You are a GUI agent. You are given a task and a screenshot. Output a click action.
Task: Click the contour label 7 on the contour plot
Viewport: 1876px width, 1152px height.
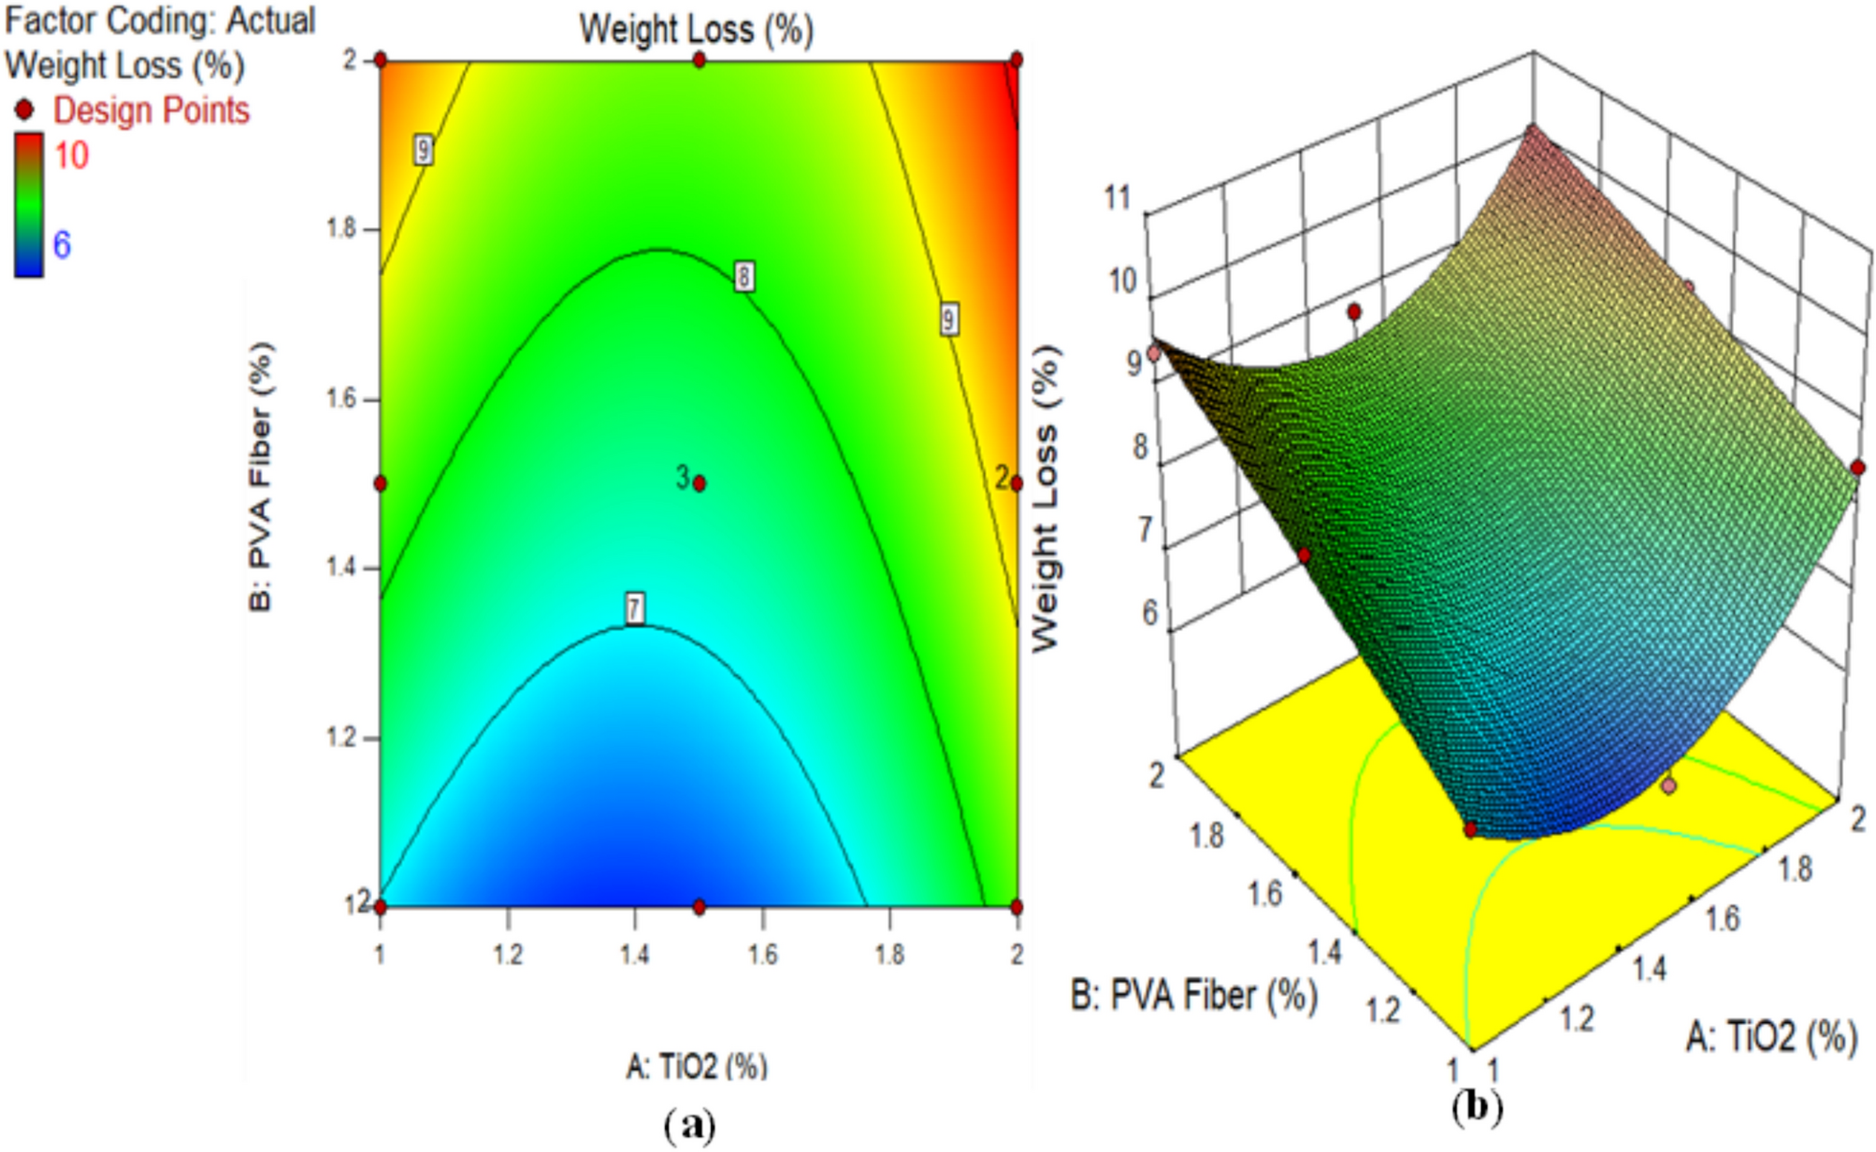point(635,609)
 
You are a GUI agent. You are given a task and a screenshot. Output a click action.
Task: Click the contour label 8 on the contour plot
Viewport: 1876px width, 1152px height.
point(743,276)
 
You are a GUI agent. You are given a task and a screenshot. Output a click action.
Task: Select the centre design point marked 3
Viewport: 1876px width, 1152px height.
point(700,483)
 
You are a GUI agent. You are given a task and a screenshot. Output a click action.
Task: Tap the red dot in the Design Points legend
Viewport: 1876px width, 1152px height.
point(24,110)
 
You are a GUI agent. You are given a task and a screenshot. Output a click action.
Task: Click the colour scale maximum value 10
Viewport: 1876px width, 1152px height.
point(71,155)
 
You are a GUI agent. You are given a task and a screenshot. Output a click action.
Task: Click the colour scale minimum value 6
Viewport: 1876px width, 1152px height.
point(62,245)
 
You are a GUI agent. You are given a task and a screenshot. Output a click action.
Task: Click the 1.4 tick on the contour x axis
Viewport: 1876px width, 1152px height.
point(635,954)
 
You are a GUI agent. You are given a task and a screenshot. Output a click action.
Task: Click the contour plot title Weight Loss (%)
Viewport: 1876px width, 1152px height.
point(696,30)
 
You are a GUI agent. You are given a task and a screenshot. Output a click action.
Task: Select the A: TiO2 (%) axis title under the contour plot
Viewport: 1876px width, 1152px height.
point(696,1066)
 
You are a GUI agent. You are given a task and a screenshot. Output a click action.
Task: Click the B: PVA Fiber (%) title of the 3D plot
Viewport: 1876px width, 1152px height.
point(1194,996)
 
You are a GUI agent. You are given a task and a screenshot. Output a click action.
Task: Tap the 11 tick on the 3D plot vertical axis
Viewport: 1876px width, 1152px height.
point(1118,197)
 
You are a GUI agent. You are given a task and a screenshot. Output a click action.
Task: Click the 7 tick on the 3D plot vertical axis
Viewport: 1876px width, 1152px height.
point(1145,530)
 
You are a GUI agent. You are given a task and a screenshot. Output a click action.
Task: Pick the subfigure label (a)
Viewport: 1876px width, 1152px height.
point(690,1124)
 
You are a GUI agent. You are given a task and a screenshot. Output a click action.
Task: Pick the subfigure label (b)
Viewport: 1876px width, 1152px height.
point(1477,1107)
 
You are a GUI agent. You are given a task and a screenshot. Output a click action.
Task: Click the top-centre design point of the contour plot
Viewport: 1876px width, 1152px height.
point(700,60)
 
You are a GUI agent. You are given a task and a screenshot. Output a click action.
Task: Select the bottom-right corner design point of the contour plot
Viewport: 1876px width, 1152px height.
point(1017,906)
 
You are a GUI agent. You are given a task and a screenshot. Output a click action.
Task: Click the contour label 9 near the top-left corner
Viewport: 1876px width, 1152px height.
point(424,150)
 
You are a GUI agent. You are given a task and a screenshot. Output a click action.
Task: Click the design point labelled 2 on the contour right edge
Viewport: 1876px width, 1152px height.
point(1017,483)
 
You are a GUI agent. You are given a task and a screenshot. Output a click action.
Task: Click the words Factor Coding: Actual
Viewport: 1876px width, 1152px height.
point(160,21)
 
